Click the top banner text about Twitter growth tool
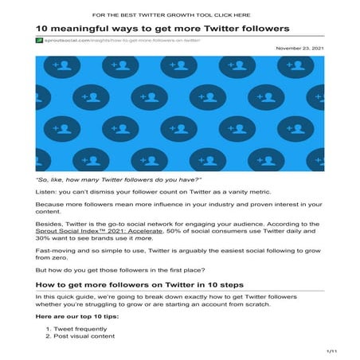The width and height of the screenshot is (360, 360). (182, 14)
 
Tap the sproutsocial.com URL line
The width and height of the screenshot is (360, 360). (120, 39)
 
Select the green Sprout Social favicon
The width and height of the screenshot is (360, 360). (39, 39)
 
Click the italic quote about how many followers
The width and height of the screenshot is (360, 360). (112, 181)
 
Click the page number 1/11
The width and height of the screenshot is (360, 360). (332, 350)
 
